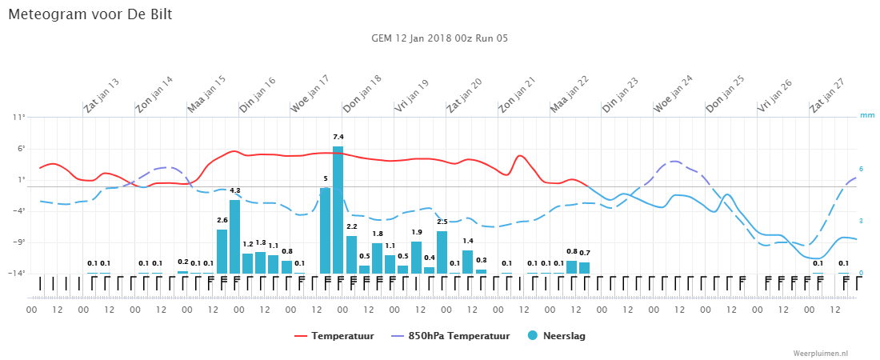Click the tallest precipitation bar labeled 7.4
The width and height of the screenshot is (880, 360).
pos(338,210)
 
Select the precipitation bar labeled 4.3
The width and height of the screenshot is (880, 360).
pos(234,237)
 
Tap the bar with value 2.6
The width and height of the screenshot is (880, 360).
pos(222,252)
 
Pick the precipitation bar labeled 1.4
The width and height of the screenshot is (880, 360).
pos(467,262)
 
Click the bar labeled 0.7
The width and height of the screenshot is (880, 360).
pos(584,268)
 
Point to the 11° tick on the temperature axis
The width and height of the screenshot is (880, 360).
pos(19,118)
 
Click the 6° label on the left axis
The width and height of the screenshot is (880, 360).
pos(22,149)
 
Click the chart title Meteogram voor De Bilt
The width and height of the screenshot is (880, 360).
pos(90,14)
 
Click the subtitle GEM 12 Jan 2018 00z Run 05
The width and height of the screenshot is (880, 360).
pos(440,38)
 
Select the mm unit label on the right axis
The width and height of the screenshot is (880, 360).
pos(867,116)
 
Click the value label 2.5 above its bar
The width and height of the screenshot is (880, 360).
pos(442,222)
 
